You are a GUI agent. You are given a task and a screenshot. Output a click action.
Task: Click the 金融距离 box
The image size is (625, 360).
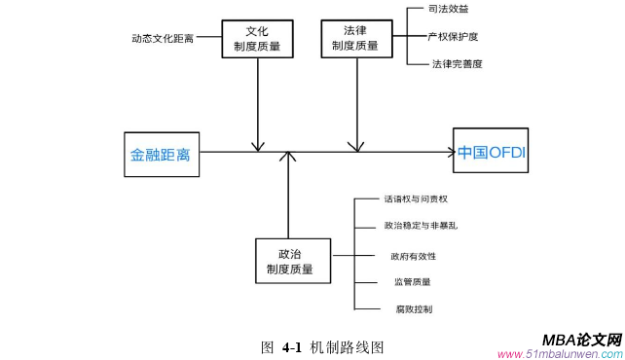coord(162,154)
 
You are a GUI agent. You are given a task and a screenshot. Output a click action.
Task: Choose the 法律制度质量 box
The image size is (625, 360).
coord(356,37)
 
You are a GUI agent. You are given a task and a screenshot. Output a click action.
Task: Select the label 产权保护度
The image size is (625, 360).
coord(453,37)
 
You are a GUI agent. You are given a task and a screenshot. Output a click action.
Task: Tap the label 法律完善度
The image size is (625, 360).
coord(457,64)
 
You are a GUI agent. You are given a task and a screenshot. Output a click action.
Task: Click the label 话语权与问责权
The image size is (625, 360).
coord(416,199)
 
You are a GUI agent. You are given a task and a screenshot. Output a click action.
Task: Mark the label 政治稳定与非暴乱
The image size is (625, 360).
coord(421,226)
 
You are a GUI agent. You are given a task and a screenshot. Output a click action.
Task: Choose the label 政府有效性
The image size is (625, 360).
coord(413,256)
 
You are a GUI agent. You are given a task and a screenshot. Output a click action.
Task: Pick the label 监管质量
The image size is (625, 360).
coord(412,282)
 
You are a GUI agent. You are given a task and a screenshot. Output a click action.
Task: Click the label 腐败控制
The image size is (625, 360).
coord(414,308)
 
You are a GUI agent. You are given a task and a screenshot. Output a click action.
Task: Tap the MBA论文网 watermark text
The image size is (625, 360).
coord(581,340)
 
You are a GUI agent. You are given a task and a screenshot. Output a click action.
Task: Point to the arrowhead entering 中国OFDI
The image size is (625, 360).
coord(450,152)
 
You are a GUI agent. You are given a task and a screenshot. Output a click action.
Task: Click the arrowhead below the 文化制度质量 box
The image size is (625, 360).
coord(258,147)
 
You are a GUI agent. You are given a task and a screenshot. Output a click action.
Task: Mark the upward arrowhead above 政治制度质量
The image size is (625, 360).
coord(289,158)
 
